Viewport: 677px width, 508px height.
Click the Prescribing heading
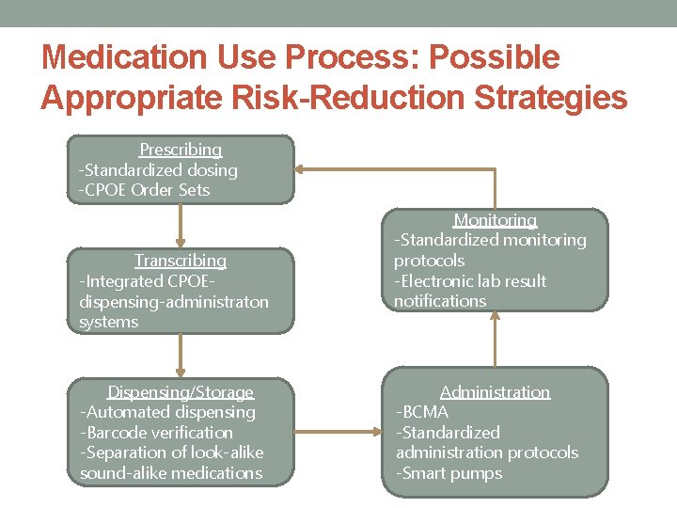tap(181, 150)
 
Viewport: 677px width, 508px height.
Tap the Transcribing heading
tap(181, 261)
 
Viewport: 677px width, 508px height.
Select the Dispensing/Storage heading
tap(181, 392)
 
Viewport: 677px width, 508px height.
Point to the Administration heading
tap(495, 392)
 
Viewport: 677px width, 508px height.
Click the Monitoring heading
tap(495, 220)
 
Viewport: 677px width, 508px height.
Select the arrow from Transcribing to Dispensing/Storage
tap(181, 356)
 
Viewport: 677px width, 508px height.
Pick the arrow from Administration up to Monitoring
tap(495, 339)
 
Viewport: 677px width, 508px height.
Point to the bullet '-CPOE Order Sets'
tap(144, 190)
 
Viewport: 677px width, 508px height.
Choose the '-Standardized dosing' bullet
tap(158, 170)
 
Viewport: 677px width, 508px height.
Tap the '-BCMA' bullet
tap(422, 412)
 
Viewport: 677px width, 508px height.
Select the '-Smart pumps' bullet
tap(449, 473)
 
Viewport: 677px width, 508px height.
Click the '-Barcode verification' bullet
tap(156, 433)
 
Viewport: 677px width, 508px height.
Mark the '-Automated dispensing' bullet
tap(167, 412)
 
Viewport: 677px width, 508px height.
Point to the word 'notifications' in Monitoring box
tap(440, 301)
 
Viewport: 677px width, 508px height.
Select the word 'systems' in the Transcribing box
tap(109, 322)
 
